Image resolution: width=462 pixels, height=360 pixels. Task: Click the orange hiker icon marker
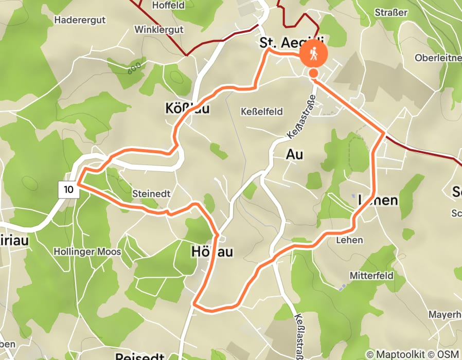point(313,53)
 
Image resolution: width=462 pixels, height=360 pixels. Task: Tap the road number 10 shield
point(69,189)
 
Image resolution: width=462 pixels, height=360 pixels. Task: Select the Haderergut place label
point(80,20)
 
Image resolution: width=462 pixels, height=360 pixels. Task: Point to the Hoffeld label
point(169,6)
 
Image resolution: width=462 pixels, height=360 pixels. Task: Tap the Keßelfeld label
point(262,112)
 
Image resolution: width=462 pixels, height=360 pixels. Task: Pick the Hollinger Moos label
point(87,252)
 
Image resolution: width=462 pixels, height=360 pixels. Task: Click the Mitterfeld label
point(371,276)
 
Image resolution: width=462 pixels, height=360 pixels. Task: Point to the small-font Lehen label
point(349,240)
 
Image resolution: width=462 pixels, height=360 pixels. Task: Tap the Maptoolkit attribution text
point(397,354)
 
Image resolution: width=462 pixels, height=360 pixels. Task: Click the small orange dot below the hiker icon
point(313,74)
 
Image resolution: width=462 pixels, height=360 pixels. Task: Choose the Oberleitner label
point(438,58)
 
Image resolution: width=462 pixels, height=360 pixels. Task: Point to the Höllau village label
point(212,251)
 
